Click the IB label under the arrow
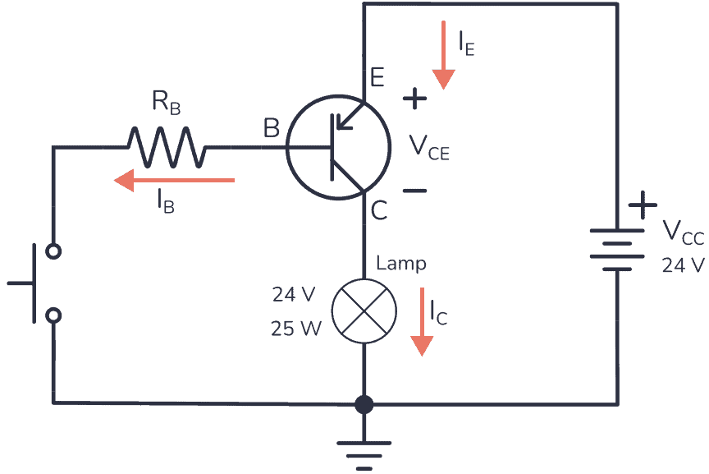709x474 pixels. coord(164,202)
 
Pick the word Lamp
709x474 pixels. coord(401,264)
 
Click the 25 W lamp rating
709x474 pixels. coord(296,329)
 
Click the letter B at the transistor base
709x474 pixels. coord(271,128)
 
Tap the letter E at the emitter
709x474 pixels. coord(377,78)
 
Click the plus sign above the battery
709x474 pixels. coord(643,205)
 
